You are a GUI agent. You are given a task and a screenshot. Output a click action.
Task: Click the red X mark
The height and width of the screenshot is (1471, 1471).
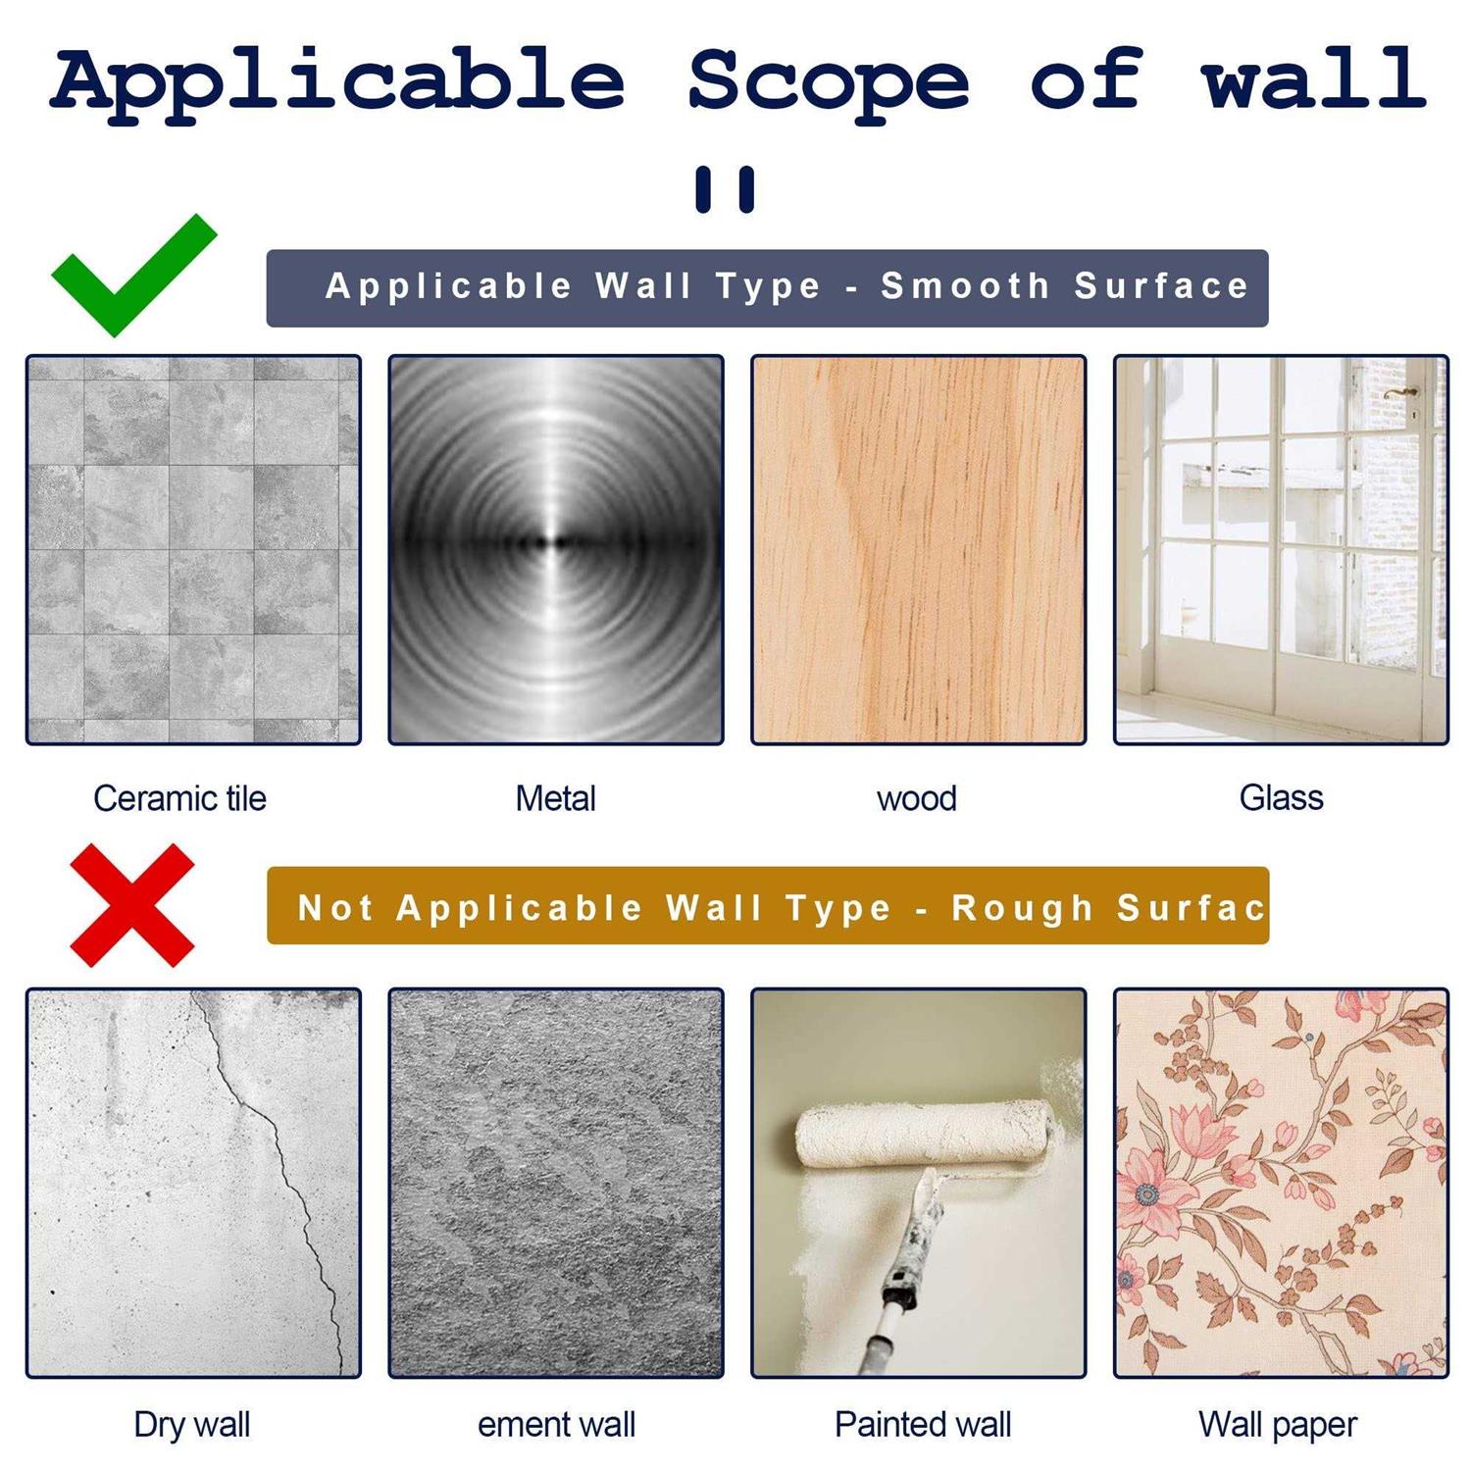tap(132, 904)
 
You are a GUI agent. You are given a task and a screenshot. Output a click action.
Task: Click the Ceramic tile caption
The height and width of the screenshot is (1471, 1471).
tap(179, 798)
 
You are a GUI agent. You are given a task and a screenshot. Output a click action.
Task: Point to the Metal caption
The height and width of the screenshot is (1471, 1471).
tap(555, 798)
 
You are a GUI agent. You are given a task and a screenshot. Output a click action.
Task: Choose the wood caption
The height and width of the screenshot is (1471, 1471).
tap(916, 798)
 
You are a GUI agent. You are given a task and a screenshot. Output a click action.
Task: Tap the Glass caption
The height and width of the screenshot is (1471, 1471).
tap(1281, 797)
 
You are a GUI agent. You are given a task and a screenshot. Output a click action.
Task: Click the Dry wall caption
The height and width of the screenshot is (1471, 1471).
tap(192, 1424)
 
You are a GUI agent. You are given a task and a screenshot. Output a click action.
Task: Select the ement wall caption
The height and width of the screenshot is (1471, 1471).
tap(556, 1424)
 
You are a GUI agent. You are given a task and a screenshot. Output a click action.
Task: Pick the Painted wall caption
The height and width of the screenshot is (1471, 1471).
tap(922, 1424)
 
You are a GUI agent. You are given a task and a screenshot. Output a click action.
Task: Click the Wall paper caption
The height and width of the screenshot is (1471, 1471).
tap(1278, 1424)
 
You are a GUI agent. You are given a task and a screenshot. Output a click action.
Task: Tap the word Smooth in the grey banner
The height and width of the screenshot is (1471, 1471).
tap(965, 286)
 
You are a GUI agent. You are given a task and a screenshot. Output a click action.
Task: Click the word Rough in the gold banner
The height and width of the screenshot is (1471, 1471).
tap(1022, 908)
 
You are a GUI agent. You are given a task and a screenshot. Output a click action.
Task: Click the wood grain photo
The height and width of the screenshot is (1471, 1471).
tap(918, 549)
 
